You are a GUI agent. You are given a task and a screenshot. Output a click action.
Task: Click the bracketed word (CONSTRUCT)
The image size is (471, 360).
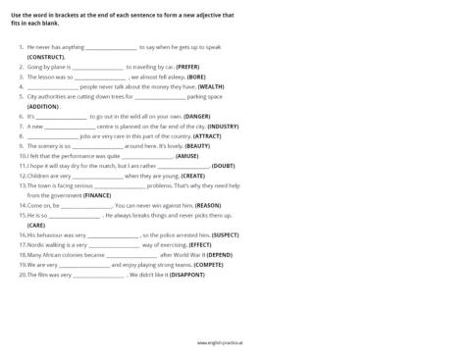45,57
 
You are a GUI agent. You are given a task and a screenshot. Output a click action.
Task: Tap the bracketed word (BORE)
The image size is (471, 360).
196,77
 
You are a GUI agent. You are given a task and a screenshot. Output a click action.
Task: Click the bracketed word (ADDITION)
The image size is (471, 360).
43,106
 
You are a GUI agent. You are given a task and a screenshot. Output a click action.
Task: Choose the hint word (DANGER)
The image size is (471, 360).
197,116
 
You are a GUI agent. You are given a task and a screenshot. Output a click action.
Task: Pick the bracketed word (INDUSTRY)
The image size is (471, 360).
223,126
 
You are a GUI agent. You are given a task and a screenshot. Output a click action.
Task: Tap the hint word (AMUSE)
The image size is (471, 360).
187,155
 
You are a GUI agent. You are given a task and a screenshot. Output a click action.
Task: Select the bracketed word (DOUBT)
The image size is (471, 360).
223,166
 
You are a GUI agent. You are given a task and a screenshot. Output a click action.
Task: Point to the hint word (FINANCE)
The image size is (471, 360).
97,195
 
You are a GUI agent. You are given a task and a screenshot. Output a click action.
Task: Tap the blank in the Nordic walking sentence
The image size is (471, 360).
113,245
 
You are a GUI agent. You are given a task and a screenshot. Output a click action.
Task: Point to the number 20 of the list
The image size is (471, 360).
23,275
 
